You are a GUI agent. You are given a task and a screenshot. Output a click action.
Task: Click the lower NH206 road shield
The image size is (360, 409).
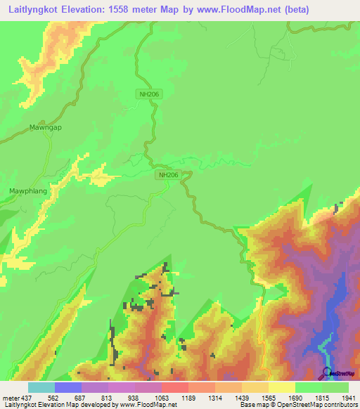169,175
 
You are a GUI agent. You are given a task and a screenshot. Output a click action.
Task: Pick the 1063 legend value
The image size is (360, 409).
161,397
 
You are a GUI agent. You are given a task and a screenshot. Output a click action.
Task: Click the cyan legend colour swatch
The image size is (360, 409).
41,387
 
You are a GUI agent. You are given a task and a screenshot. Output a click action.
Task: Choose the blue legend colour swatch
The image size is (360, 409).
67,387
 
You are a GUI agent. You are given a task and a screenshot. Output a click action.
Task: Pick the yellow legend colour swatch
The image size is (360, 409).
281,387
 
